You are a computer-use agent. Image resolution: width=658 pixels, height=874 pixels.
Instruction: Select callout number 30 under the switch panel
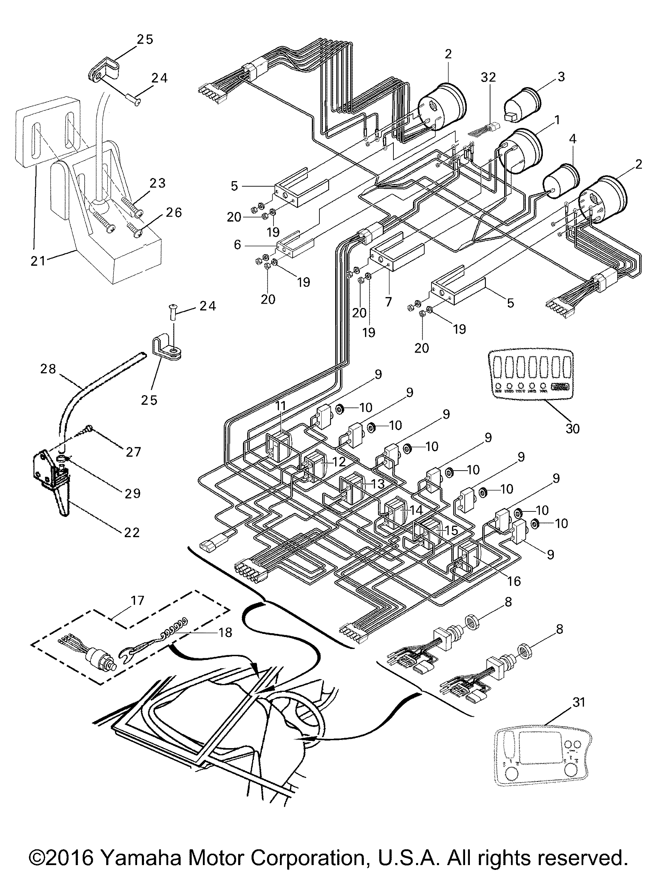click(x=572, y=428)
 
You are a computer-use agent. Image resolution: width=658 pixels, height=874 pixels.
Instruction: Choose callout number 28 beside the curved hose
click(x=48, y=369)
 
